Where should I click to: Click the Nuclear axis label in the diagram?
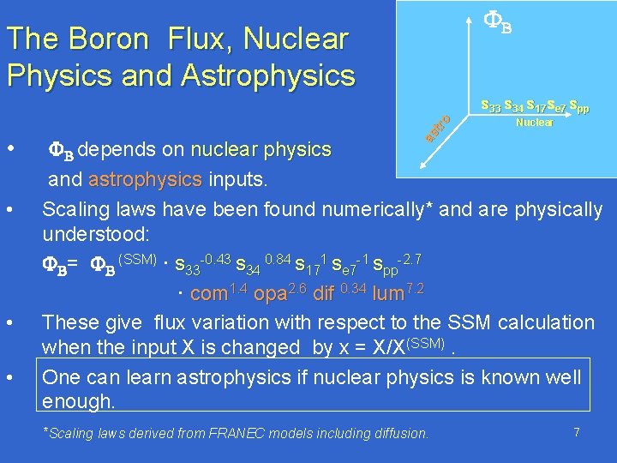[534, 123]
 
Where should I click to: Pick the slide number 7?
[577, 433]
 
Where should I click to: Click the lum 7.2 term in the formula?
[404, 293]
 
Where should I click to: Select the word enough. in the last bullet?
[78, 401]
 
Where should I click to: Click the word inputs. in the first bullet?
[237, 180]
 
